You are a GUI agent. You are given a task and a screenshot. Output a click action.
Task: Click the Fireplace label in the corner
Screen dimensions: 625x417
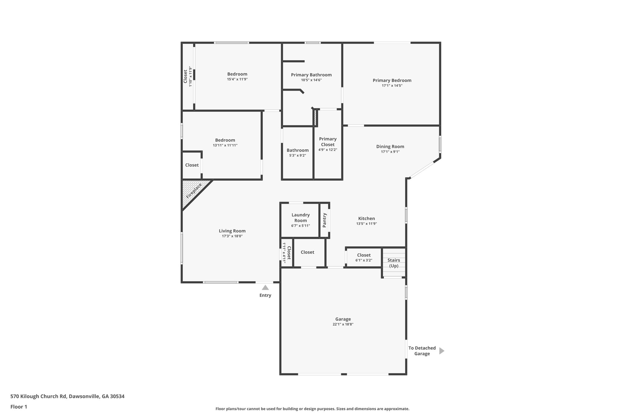point(194,191)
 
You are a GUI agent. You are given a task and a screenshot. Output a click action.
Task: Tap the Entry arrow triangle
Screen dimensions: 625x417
point(265,287)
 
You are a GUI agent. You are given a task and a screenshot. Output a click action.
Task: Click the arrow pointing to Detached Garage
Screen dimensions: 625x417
point(442,351)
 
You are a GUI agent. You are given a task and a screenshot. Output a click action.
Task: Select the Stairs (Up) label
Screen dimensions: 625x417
point(394,263)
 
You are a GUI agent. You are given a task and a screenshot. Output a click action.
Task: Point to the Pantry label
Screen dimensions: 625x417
point(324,220)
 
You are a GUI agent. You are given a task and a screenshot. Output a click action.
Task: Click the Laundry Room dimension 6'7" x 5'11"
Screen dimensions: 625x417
point(301,226)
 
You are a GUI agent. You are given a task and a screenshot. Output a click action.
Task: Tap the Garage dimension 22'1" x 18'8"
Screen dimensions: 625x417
point(343,324)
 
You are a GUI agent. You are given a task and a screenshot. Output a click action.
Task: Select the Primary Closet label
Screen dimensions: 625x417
point(328,142)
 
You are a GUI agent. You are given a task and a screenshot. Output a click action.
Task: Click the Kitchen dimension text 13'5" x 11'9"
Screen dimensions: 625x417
point(367,224)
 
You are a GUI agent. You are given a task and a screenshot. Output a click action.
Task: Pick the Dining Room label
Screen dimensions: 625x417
point(390,146)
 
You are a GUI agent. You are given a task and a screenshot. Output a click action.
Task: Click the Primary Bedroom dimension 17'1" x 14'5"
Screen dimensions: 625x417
point(392,86)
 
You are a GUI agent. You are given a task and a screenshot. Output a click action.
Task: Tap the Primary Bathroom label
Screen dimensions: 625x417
point(311,75)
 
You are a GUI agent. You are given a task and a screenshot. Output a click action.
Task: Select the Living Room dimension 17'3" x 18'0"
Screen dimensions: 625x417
point(232,236)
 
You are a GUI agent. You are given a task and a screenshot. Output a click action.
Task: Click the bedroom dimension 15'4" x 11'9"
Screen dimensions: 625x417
point(237,79)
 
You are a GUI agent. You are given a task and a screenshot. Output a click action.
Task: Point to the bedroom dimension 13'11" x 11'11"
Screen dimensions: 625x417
point(225,145)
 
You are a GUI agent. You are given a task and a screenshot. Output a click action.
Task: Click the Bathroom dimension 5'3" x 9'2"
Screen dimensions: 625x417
point(298,155)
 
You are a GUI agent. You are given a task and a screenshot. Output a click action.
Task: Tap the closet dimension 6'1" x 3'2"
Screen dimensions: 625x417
point(364,260)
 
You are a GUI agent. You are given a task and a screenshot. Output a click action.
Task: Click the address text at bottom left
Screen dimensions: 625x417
point(67,397)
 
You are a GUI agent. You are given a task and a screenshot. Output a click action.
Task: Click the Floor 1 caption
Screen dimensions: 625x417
point(19,407)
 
